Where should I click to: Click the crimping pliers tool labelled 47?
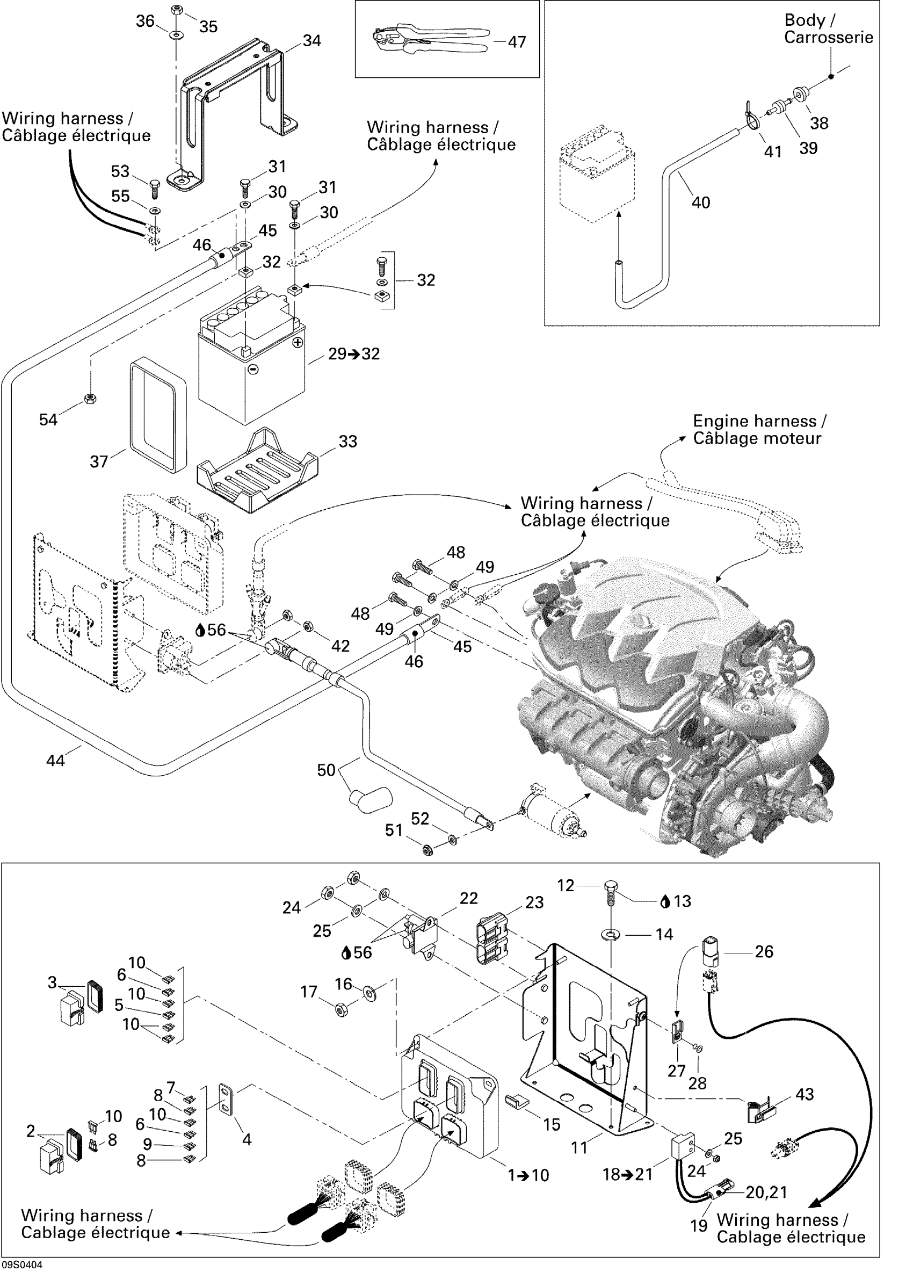(429, 39)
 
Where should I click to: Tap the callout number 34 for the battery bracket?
(312, 40)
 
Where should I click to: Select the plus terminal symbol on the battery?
(298, 342)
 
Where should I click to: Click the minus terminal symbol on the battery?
(252, 369)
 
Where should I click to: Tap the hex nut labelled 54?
(90, 398)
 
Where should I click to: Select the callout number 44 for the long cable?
(55, 761)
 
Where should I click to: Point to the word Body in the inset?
(804, 20)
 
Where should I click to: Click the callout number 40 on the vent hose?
(700, 203)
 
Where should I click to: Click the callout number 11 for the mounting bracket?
(579, 1147)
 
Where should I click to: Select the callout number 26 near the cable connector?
(764, 951)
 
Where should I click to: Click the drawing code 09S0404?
(22, 1264)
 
